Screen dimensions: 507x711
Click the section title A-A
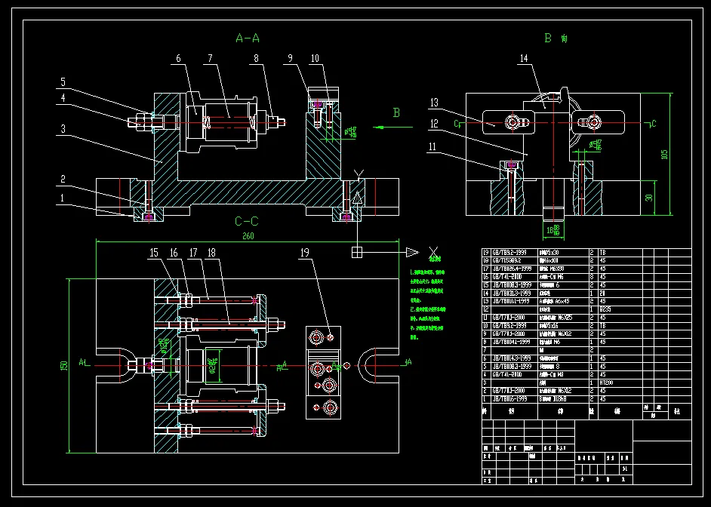248,38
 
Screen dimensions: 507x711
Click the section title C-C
247,221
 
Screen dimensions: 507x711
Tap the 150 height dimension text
66,364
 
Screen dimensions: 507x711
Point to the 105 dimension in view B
664,154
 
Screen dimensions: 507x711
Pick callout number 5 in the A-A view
63,82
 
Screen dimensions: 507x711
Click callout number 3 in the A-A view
63,129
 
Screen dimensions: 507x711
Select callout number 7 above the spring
210,58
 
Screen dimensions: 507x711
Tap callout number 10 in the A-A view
314,58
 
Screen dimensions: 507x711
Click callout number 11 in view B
432,148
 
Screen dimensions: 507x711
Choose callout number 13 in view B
434,103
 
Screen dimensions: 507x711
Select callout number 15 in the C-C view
154,253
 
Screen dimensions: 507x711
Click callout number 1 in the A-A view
63,198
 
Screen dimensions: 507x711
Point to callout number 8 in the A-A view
257,58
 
